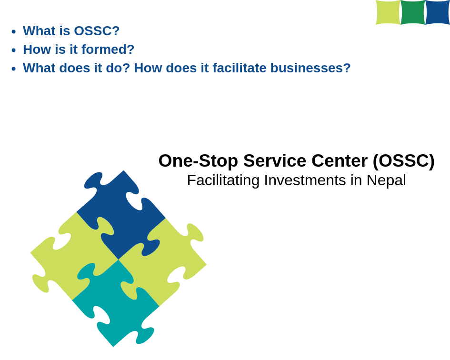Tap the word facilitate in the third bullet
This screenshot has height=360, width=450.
coord(240,68)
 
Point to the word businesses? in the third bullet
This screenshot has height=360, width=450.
coord(310,68)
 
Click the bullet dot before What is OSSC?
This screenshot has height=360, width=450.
coord(14,31)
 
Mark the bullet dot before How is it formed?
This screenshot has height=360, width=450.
coord(14,50)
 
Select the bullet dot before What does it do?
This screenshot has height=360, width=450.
coord(14,69)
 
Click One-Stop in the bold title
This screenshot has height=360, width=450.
coord(198,161)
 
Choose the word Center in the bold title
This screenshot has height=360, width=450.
coord(340,161)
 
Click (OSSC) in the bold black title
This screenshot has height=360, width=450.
coord(404,161)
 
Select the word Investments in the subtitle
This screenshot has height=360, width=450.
coord(305,180)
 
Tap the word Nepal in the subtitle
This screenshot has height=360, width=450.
coord(386,181)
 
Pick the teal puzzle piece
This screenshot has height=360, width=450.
coord(115,304)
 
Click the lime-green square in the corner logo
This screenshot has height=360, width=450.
coord(388,12)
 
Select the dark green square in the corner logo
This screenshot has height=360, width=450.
coord(413,12)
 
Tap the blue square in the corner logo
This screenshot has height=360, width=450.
coord(438,12)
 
